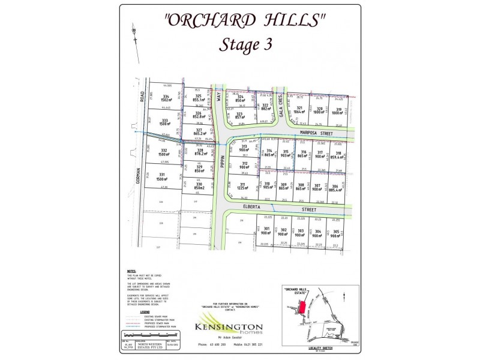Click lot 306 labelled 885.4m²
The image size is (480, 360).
336,188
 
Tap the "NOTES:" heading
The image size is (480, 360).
131,271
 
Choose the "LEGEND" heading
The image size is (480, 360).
145,313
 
